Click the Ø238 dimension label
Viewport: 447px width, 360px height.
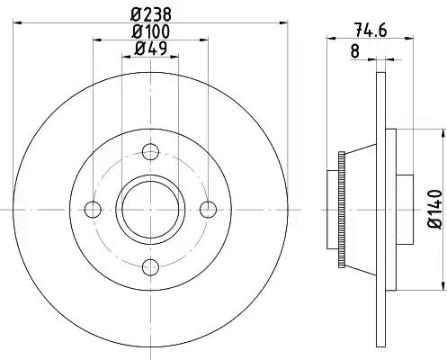tap(151, 14)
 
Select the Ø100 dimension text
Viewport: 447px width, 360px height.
tap(151, 31)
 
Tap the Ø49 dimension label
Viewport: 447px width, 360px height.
tap(151, 48)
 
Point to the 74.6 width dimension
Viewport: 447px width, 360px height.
tap(371, 30)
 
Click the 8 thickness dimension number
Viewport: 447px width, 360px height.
tap(354, 51)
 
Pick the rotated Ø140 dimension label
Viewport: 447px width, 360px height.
tap(434, 209)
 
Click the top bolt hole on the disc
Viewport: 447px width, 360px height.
tap(150, 152)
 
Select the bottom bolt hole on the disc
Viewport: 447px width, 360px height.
tap(150, 267)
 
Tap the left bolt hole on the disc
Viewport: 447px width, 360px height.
tap(93, 210)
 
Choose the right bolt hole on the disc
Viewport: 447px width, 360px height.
tap(208, 210)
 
